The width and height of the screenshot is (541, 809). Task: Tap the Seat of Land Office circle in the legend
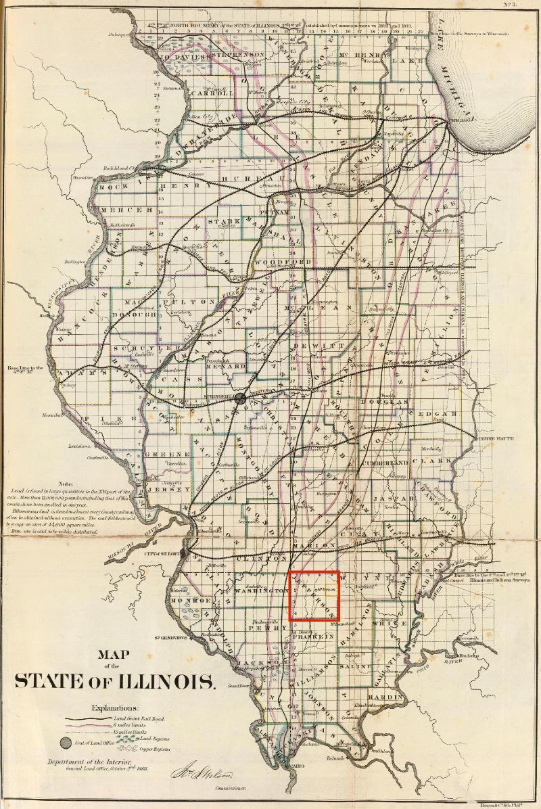(65, 743)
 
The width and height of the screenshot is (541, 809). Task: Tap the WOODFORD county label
(293, 261)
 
